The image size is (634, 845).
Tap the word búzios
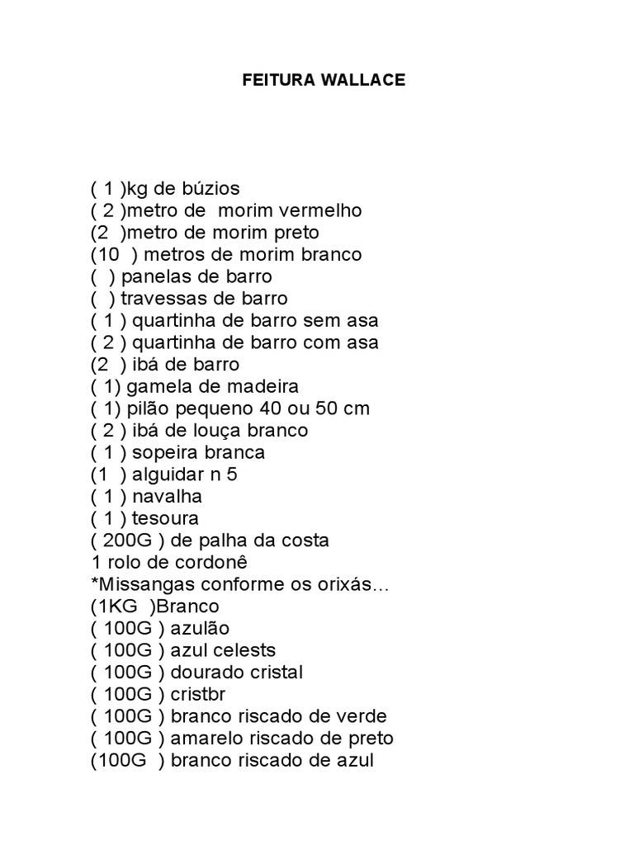[x=211, y=188]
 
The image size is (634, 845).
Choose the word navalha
[x=167, y=497]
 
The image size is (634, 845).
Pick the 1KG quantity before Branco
[x=116, y=607]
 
